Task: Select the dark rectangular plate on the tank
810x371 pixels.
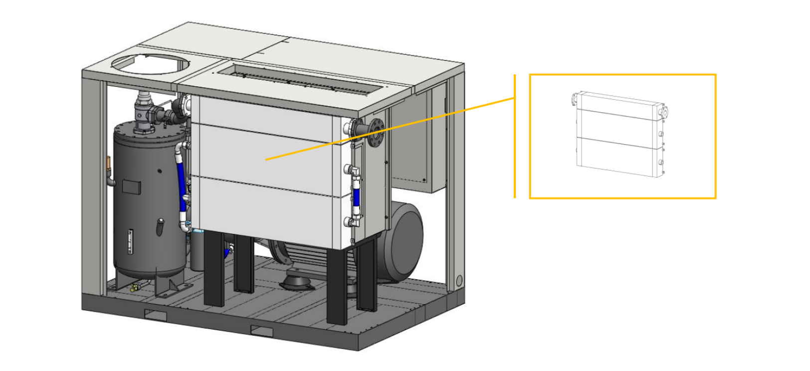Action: pyautogui.click(x=131, y=186)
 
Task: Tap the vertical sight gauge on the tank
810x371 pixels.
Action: pyautogui.click(x=130, y=241)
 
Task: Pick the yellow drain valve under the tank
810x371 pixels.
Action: pyautogui.click(x=134, y=288)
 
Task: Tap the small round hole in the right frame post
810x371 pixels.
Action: pyautogui.click(x=459, y=281)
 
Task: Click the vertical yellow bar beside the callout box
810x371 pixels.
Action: pyautogui.click(x=515, y=136)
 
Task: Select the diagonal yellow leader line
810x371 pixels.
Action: pyautogui.click(x=389, y=129)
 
